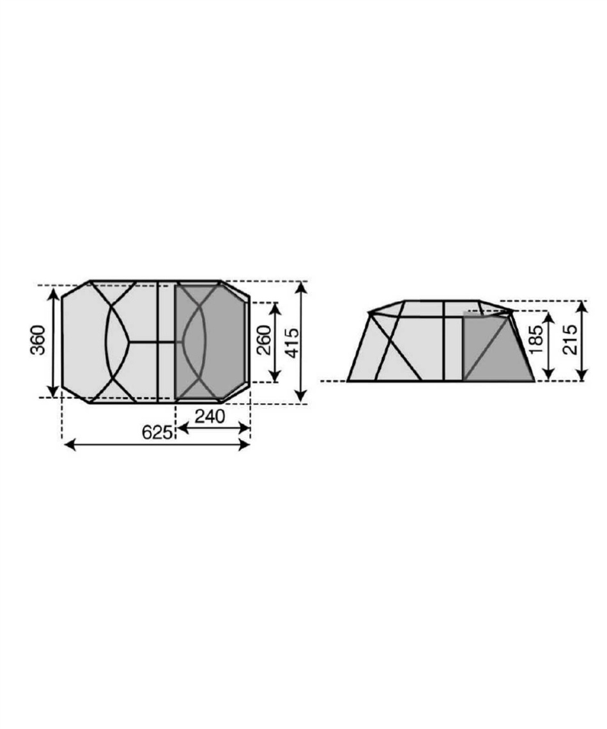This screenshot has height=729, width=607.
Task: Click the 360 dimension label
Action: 38,340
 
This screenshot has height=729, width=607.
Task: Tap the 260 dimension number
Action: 264,340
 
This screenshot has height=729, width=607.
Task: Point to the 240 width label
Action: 210,416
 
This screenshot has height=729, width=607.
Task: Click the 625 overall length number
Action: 157,432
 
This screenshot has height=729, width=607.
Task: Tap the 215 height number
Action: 570,340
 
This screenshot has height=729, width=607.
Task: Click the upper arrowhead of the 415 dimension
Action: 302,288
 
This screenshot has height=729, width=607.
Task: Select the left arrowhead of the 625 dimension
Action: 70,445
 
